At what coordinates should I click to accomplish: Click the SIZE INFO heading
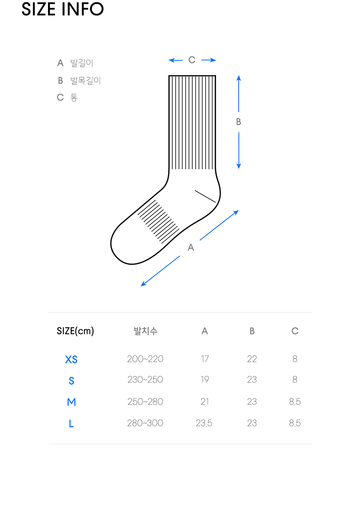pos(62,9)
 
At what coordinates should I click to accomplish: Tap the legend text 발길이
pos(81,63)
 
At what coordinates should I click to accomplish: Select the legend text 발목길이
pos(85,80)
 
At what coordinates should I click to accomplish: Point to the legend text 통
pos(74,97)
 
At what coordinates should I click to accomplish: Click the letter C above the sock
pos(192,60)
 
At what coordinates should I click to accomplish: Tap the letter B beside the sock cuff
pos(238,121)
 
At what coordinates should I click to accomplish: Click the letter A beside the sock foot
pos(190,247)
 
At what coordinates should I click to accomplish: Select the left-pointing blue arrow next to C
pos(175,60)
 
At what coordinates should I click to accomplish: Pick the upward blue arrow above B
pos(238,94)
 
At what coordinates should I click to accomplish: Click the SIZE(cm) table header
pos(75,331)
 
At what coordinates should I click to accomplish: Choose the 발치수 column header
pos(145,331)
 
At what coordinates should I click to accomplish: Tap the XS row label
pos(71,359)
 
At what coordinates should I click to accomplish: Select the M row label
pos(71,402)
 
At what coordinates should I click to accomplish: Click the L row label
pos(71,423)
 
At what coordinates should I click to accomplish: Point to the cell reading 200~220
pos(145,359)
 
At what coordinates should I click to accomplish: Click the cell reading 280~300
pos(145,423)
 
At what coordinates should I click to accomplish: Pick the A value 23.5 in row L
pos(204,423)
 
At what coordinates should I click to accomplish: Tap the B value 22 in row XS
pos(252,359)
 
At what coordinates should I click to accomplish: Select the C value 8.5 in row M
pos(295,402)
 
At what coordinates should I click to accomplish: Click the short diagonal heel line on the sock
pos(205,196)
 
